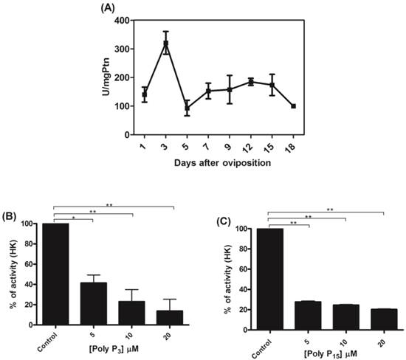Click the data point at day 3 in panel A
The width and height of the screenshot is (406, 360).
[166, 44]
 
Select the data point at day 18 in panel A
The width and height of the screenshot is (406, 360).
[293, 106]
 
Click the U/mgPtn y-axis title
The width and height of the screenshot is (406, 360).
[96, 77]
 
